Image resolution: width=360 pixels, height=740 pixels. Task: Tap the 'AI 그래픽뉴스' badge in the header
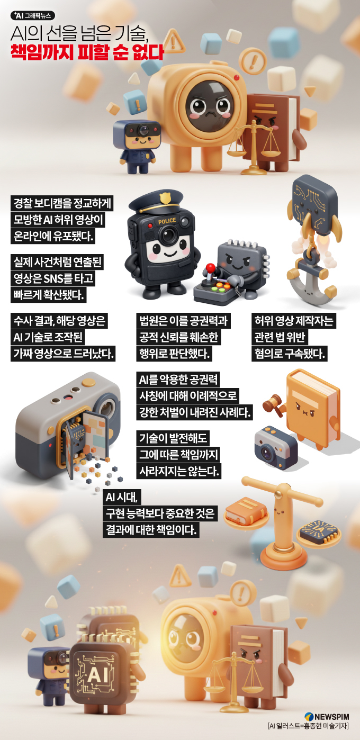(33, 15)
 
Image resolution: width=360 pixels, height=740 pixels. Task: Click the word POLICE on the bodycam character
(167, 221)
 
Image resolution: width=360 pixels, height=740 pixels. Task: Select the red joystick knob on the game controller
(210, 267)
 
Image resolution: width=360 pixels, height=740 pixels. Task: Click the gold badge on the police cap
(165, 198)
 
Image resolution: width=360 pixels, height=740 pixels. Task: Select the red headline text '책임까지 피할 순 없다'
(87, 52)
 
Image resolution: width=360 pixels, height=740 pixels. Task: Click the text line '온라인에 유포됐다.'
(53, 236)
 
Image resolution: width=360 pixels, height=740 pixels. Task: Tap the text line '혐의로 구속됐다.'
(289, 354)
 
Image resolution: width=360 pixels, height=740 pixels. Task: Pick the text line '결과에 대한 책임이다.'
(151, 529)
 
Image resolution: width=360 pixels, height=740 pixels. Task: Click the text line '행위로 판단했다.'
(174, 354)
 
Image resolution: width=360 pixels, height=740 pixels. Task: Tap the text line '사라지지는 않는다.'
(179, 471)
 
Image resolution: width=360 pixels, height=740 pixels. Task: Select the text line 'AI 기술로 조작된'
(48, 337)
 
